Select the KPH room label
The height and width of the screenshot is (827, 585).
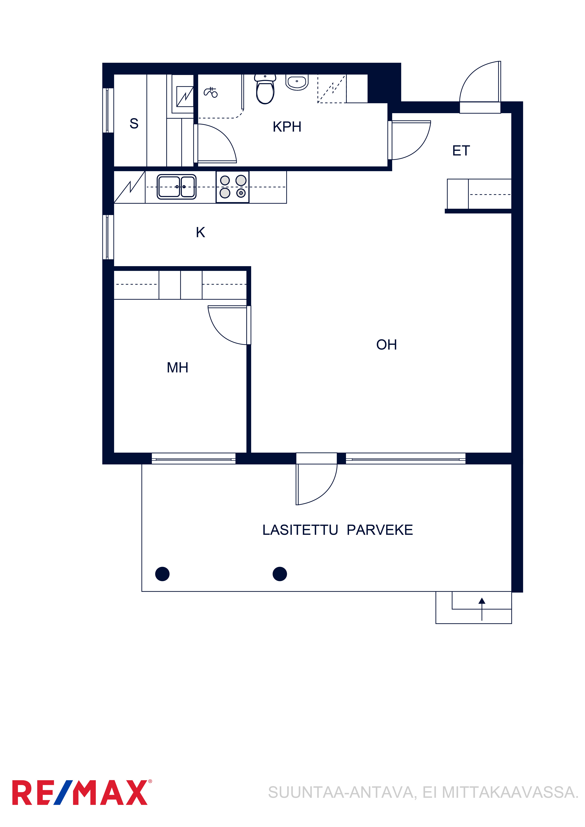(x=287, y=127)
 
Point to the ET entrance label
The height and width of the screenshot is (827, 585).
(x=461, y=151)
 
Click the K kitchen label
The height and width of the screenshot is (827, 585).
(x=200, y=232)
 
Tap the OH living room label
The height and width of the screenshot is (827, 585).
(x=386, y=345)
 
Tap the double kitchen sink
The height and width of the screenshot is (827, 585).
(x=177, y=187)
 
